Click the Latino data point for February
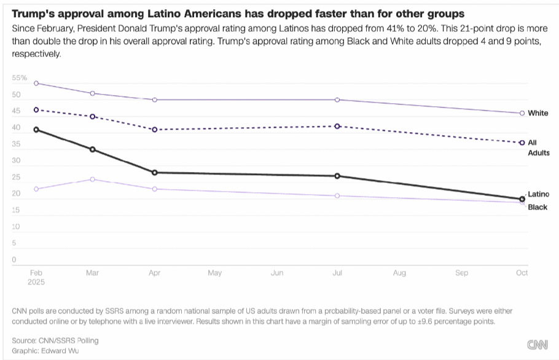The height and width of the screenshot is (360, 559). point(36,130)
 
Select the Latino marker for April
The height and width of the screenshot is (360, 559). point(154,173)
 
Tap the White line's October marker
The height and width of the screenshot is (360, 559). point(522,113)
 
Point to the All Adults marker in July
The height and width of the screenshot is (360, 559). point(337,126)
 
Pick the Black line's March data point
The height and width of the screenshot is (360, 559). point(92,179)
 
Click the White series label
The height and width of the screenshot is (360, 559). point(538,113)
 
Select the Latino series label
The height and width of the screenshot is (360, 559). point(539,194)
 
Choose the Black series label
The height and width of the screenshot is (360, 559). point(537,207)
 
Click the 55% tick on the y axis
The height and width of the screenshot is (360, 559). point(20,78)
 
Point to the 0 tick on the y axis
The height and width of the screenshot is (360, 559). point(14,260)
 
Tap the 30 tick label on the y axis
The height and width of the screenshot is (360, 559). point(16,161)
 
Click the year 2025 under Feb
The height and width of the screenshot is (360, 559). point(37,283)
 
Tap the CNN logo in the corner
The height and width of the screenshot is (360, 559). point(537,345)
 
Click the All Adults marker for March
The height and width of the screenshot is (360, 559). point(92,116)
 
